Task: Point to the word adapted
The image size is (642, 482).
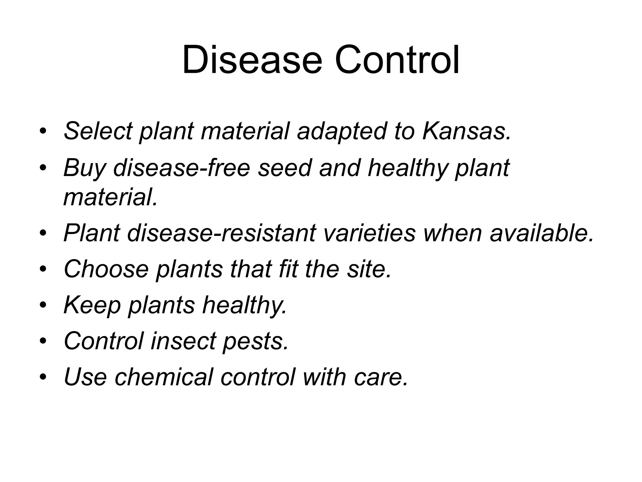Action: coord(342,131)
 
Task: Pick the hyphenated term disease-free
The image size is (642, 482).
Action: coord(182,168)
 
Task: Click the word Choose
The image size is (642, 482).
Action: coord(106,269)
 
